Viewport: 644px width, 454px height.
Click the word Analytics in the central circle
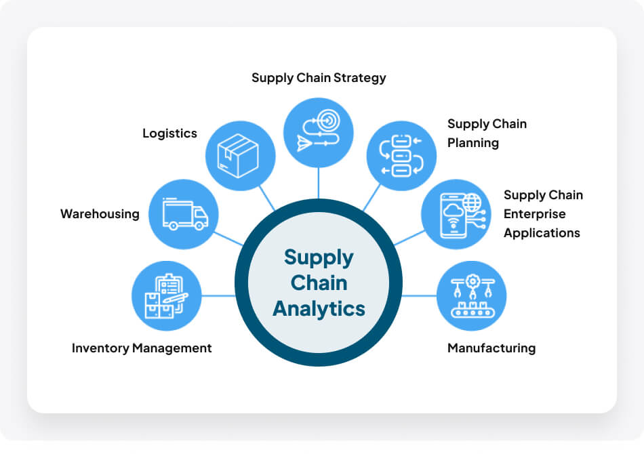(319, 308)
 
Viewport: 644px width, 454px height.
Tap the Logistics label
(169, 133)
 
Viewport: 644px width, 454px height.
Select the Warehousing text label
(100, 214)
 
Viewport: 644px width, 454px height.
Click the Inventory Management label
(142, 348)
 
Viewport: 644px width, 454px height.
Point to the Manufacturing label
(491, 348)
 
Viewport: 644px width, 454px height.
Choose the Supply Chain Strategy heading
(319, 78)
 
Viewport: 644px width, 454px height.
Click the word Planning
(473, 143)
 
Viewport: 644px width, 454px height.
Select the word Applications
(542, 233)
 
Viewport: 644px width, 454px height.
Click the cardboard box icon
(240, 156)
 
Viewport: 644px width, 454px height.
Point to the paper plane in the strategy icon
(305, 142)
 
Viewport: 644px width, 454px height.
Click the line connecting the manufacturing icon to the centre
(420, 295)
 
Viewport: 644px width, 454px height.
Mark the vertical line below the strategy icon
(319, 182)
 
